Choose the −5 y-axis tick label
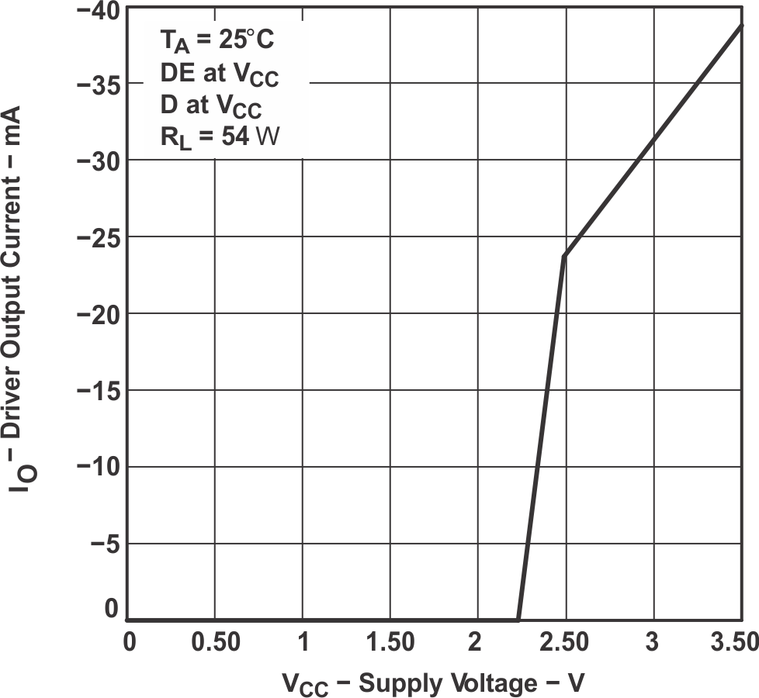(x=105, y=544)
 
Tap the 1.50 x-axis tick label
(x=390, y=643)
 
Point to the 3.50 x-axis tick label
(x=732, y=643)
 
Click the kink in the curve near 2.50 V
(x=564, y=255)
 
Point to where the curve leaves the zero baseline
(x=518, y=619)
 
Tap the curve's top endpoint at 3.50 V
(x=742, y=25)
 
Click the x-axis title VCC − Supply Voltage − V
(x=432, y=683)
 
